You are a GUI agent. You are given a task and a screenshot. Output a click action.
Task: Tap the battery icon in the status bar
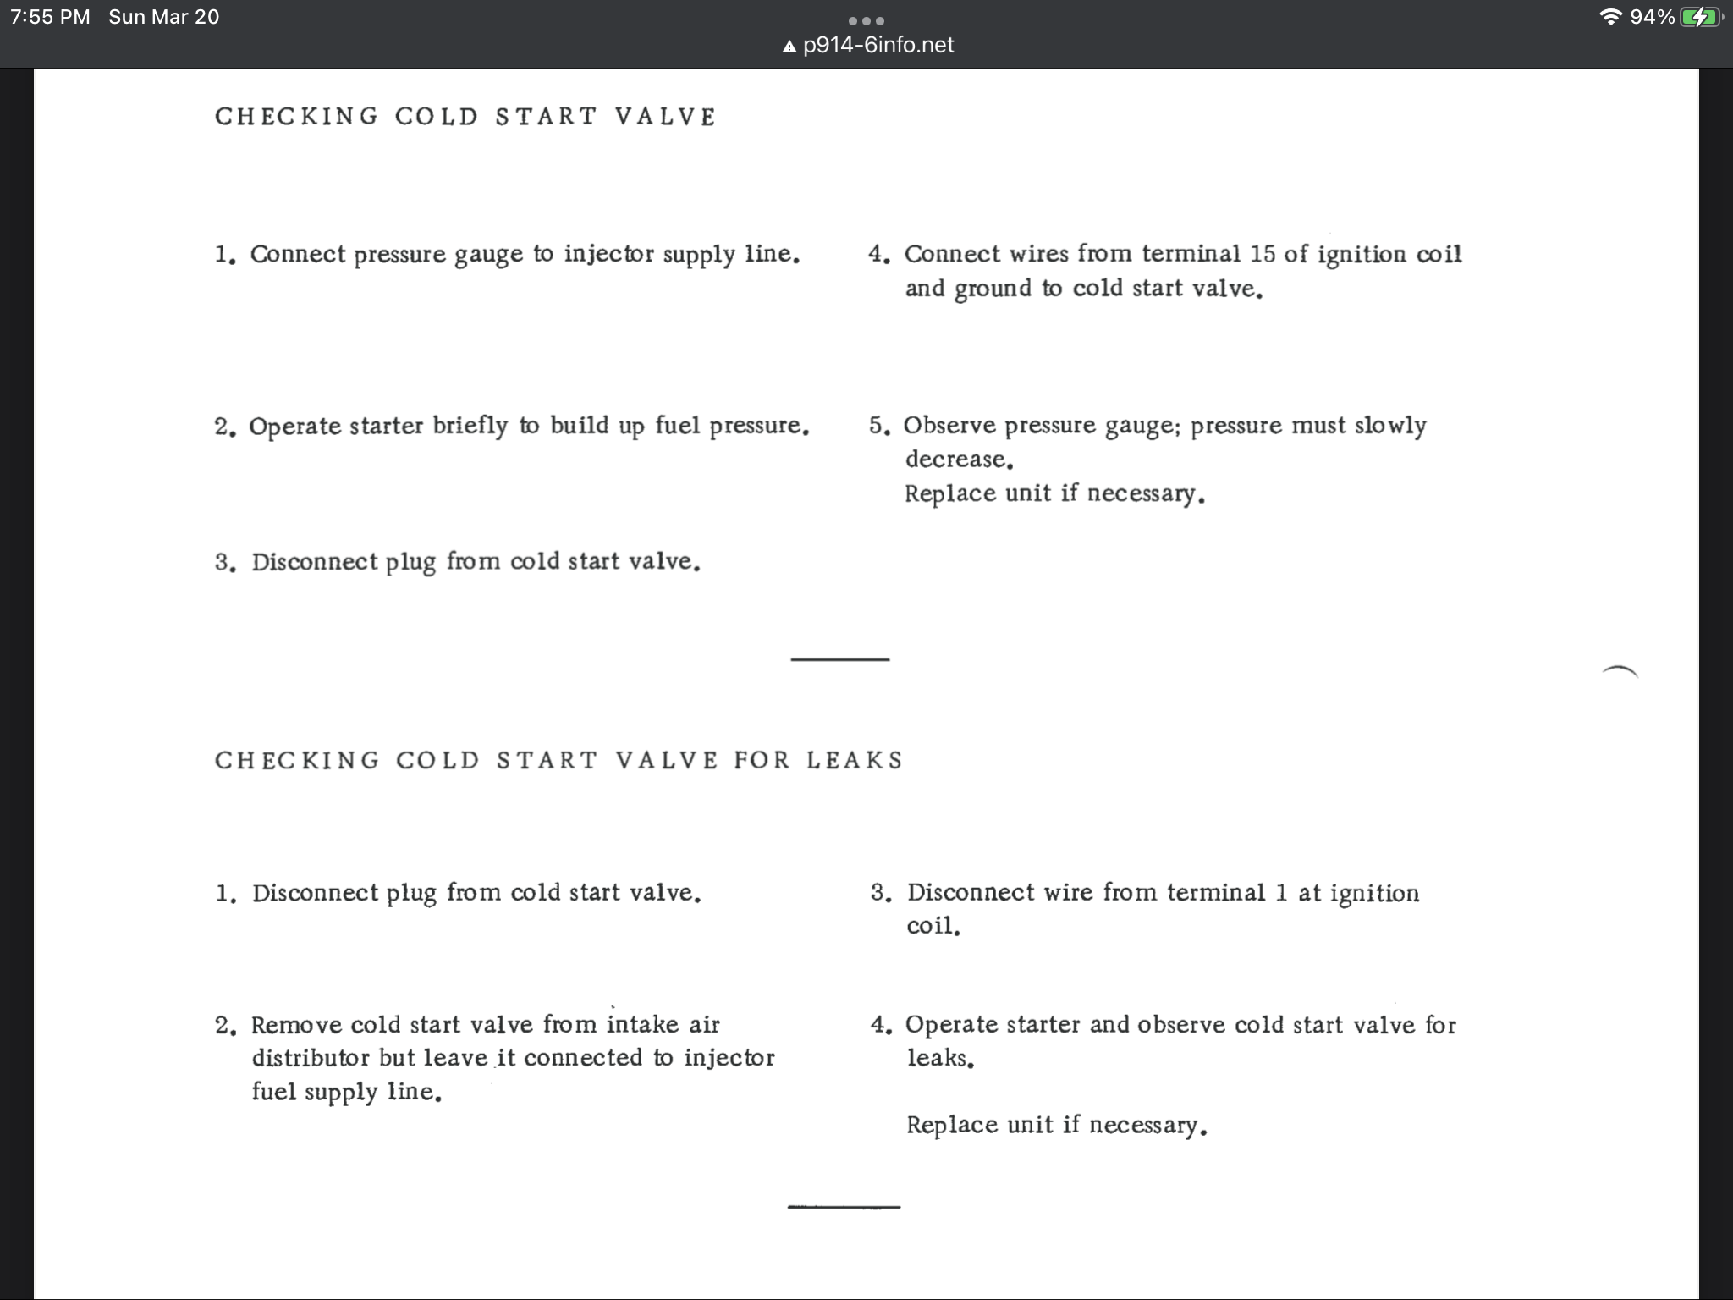(x=1700, y=17)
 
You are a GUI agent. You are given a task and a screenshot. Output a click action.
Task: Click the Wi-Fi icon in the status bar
(x=1610, y=17)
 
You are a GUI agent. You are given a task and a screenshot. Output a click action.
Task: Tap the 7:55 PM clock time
(x=50, y=17)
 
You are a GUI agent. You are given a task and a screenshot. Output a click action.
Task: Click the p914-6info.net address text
(x=878, y=45)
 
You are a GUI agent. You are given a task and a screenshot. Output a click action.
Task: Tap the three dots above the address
(x=866, y=20)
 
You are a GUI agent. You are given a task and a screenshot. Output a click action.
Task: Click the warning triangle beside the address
(x=789, y=47)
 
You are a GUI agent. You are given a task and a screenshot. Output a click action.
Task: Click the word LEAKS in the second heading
(x=855, y=760)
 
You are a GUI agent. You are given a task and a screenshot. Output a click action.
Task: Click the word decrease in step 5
(x=958, y=460)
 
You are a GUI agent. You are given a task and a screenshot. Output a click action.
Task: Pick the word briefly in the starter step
(x=470, y=426)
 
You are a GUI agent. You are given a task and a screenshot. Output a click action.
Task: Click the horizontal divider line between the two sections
(x=839, y=658)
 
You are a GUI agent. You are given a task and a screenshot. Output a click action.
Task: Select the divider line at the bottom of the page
(x=844, y=1206)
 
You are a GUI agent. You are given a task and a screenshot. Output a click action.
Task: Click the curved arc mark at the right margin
(x=1620, y=671)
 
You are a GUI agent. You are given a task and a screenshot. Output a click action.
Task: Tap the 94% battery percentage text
(x=1652, y=17)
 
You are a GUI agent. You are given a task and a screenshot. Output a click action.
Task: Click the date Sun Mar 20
(x=163, y=17)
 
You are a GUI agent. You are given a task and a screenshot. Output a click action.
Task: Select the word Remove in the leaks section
(x=295, y=1025)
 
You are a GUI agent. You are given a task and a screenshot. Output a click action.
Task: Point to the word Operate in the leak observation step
(x=951, y=1025)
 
